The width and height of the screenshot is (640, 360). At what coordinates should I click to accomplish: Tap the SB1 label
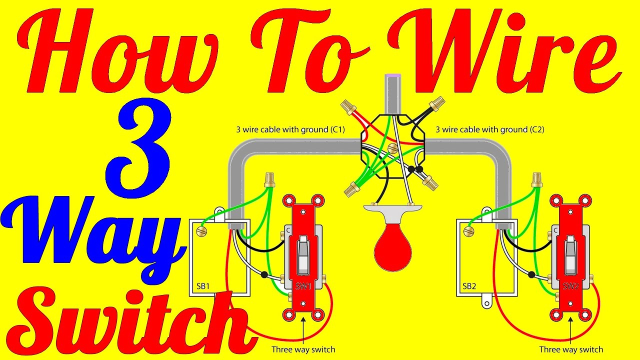coord(203,286)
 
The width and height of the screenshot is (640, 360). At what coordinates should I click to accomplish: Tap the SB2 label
coord(469,286)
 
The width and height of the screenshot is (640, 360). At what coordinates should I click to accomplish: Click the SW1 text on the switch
coord(303,286)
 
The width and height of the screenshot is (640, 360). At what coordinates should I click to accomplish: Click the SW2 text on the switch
coord(570,286)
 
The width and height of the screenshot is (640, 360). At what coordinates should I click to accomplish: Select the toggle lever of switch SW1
coord(303,255)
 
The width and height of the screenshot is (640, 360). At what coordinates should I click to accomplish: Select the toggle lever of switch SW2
coord(570,255)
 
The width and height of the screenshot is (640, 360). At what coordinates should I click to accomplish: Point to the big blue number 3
coord(139,148)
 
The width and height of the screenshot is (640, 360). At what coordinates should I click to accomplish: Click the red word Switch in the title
coord(128,323)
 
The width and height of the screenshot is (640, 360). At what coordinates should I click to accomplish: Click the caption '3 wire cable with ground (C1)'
coord(290,129)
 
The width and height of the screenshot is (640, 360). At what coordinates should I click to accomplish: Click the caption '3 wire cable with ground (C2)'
coord(489,129)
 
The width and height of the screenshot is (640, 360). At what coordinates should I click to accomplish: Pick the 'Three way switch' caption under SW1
coord(303,349)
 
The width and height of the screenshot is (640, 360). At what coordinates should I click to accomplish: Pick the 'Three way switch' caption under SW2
coord(571,349)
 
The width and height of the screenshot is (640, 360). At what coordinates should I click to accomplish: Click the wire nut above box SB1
coord(269,180)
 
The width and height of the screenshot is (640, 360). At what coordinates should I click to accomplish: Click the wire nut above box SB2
coord(537,180)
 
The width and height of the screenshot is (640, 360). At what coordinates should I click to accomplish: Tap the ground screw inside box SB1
coord(201,231)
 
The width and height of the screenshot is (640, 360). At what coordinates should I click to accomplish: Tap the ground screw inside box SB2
coord(469,231)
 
